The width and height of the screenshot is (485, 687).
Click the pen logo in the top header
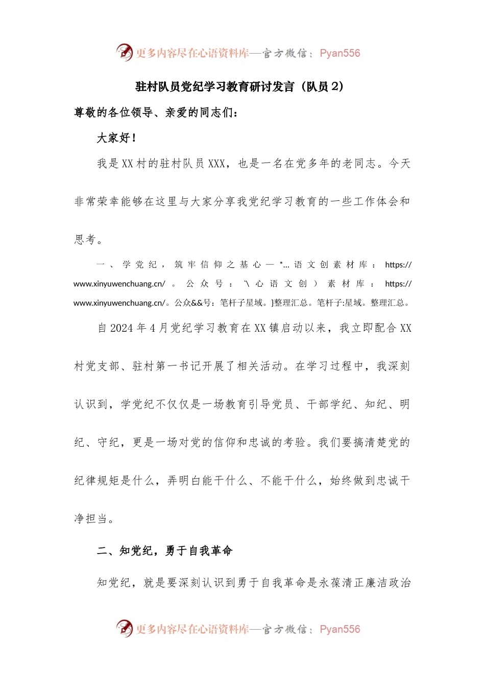click(x=124, y=52)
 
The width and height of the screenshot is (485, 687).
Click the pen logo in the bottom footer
click(x=124, y=628)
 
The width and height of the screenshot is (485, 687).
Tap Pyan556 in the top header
click(x=339, y=53)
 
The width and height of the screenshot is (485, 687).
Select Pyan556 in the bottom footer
click(x=339, y=629)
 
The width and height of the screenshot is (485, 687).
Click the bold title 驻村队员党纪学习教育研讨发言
click(x=215, y=86)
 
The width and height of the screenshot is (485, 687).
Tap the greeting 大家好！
click(x=116, y=138)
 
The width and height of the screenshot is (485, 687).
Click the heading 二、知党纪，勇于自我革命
click(x=165, y=551)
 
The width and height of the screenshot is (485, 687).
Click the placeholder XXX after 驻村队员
click(x=216, y=164)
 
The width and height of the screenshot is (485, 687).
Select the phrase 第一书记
click(x=167, y=366)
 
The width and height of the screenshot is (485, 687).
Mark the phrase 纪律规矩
click(x=96, y=480)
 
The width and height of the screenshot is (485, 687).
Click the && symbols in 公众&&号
click(x=197, y=303)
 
